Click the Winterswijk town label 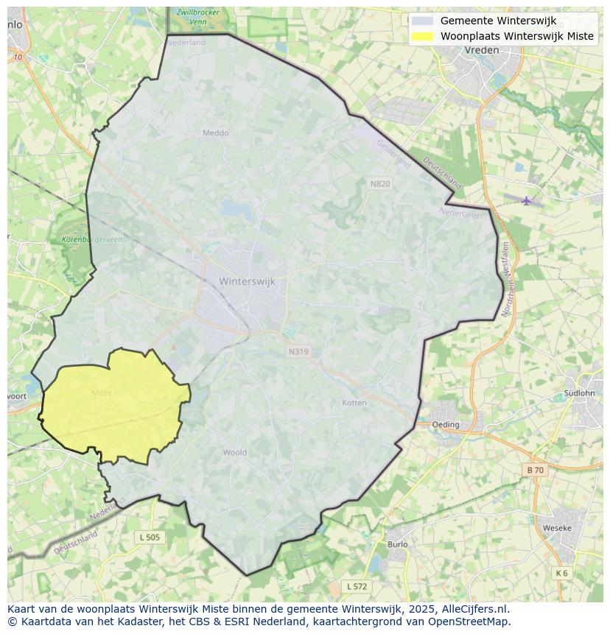tap(247, 281)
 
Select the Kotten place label tap(354, 403)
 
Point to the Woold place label tap(234, 452)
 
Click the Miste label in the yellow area tap(102, 393)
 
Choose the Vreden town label tap(482, 50)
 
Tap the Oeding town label tap(445, 424)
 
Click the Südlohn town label tap(578, 393)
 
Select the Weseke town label tap(556, 528)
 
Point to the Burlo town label tap(397, 544)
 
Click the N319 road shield tap(298, 352)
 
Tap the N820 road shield tap(379, 183)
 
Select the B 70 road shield tap(535, 470)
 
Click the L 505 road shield tap(149, 538)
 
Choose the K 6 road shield tap(561, 573)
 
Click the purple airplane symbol tap(526, 200)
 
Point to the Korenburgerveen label tap(82, 240)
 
